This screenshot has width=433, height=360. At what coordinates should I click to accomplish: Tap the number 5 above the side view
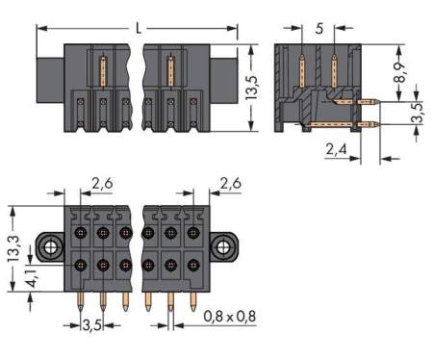point(318,28)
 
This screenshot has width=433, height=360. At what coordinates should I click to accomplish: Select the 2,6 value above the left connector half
point(103,183)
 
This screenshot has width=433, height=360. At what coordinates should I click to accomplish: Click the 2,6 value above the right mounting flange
point(231,183)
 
